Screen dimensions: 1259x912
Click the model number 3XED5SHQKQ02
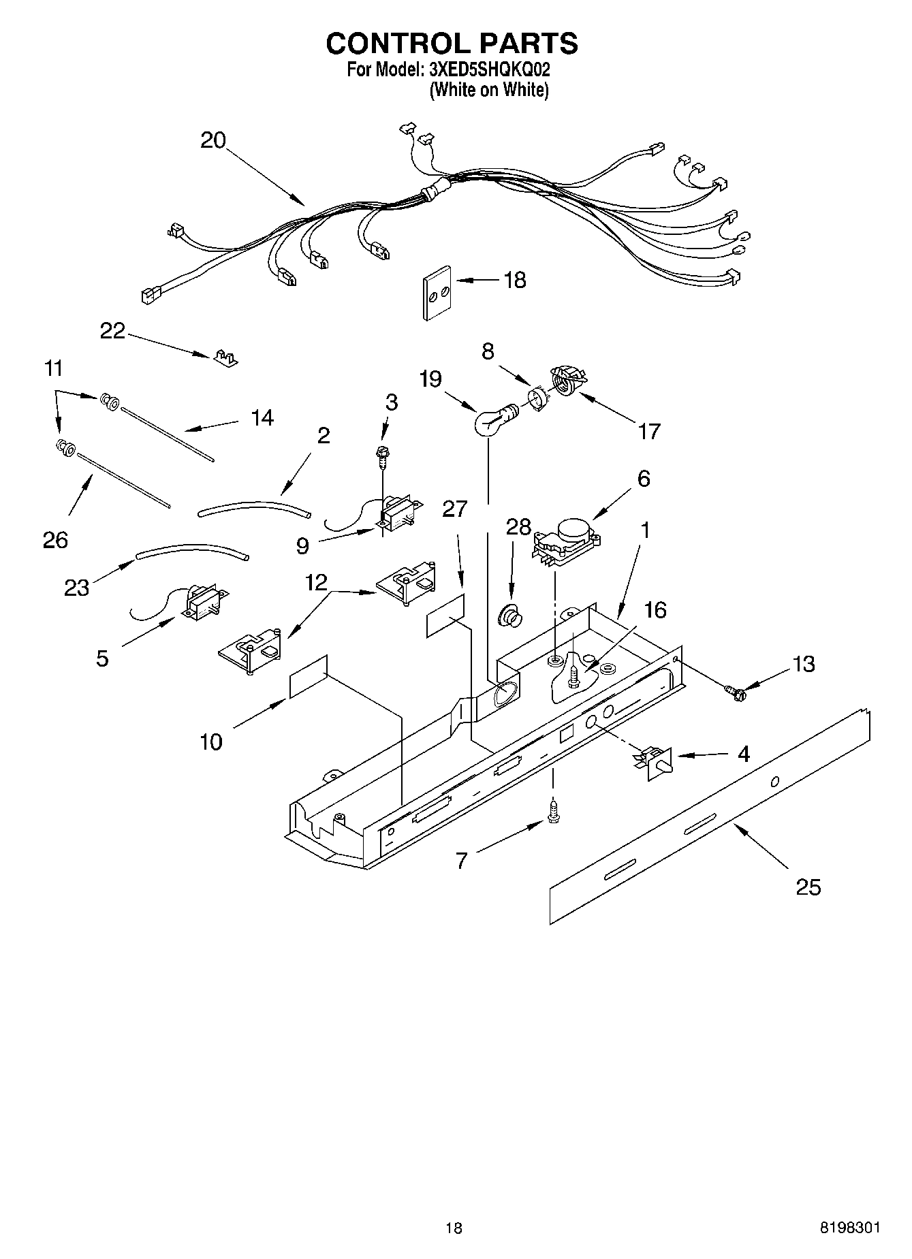click(488, 69)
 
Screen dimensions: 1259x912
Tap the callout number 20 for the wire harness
click(213, 140)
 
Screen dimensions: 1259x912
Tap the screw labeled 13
click(735, 693)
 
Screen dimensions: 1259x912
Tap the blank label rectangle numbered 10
click(308, 677)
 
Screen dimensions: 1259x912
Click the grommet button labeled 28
click(510, 616)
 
